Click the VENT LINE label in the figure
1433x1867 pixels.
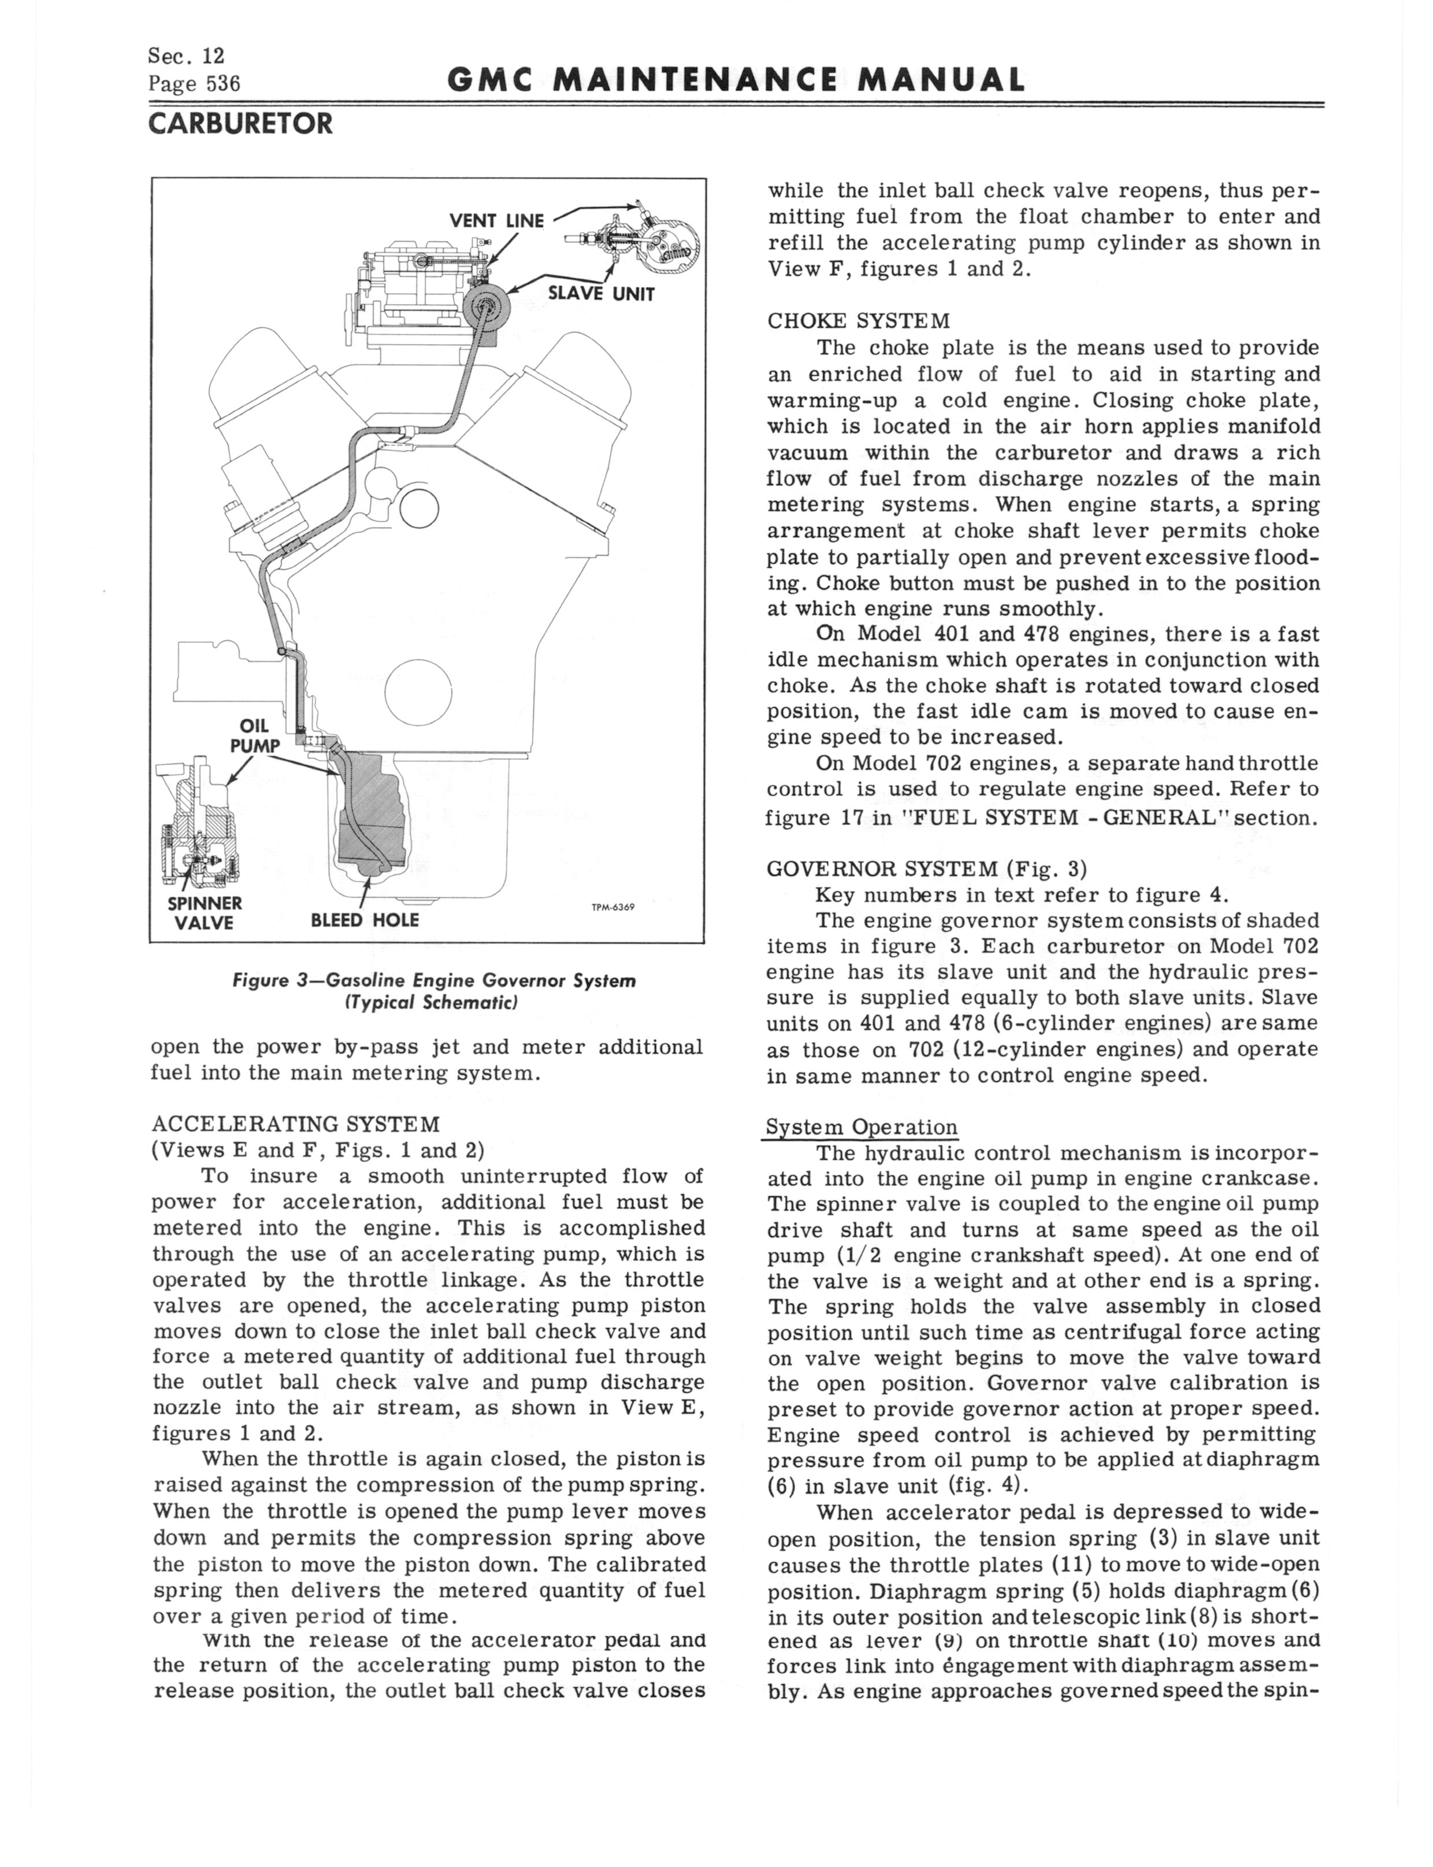coord(496,221)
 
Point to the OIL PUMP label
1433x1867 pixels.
coord(255,735)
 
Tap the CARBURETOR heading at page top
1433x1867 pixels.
coord(240,124)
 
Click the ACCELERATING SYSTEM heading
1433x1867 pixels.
coord(296,1124)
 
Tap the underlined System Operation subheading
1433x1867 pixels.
coord(862,1127)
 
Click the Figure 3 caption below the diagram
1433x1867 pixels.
coord(434,990)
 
